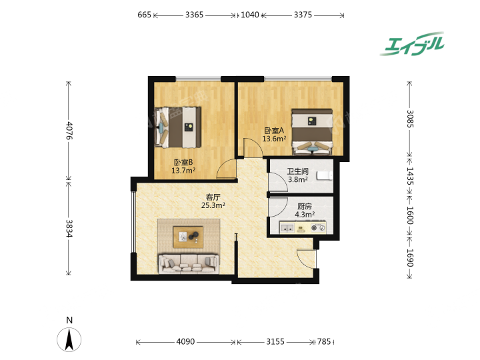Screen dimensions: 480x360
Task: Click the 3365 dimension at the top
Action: point(194,15)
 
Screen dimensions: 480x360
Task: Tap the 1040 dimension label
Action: point(250,15)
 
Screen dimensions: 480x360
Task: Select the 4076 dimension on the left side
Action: point(69,131)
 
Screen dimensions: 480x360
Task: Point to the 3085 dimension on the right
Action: point(410,119)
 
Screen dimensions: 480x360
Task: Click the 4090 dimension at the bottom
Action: point(185,341)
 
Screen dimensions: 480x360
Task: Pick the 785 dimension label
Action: point(324,341)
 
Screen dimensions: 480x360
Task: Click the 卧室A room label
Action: point(274,131)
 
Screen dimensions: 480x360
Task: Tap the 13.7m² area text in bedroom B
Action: point(183,171)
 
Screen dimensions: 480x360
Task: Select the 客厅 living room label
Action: point(213,197)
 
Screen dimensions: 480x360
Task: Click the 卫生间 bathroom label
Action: point(297,171)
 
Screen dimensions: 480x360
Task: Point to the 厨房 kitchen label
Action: point(305,207)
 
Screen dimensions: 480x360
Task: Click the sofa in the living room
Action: point(189,263)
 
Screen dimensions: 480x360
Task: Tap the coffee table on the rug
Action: point(188,237)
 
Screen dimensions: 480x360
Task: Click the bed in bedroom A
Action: point(312,132)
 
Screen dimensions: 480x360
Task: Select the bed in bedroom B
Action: point(178,127)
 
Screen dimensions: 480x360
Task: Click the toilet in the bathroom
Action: point(325,176)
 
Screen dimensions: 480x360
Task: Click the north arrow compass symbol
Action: point(69,339)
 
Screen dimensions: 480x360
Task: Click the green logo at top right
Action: point(413,44)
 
